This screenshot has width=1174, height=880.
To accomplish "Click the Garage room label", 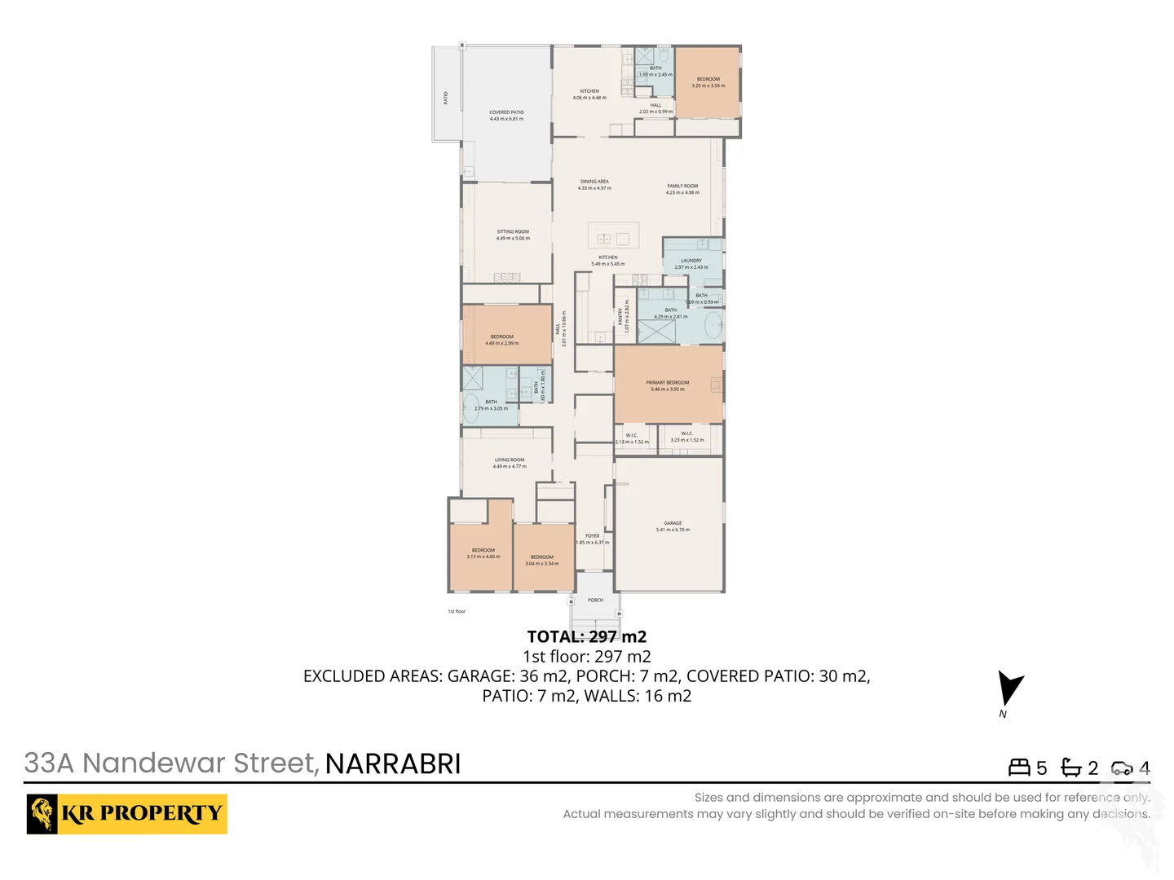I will [x=673, y=524].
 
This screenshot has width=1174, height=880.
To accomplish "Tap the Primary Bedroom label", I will [x=668, y=383].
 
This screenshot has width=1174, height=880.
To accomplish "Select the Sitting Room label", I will [x=513, y=232].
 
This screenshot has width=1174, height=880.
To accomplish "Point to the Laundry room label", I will [x=691, y=261].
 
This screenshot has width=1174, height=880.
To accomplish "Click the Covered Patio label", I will [x=506, y=112].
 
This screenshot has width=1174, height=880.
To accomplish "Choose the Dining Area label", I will [x=594, y=182].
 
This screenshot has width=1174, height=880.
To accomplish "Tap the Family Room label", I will [x=682, y=187].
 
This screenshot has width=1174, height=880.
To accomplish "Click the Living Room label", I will [x=510, y=460].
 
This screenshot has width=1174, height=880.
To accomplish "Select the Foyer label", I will [x=593, y=536].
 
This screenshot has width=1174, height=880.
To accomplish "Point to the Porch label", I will [x=596, y=601].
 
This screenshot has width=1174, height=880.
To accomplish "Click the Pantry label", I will [x=620, y=316].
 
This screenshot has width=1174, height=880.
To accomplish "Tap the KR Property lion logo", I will [x=42, y=814].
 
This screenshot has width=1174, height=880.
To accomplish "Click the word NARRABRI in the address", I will [x=393, y=764].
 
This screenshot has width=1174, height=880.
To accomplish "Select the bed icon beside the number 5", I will [x=1019, y=768].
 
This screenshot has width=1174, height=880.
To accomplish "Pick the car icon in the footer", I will [x=1122, y=768].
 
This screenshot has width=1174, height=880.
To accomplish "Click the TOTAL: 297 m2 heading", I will [x=587, y=637].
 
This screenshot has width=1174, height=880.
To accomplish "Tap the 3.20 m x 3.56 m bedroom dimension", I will [x=708, y=86].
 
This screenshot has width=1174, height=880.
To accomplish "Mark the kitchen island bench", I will [x=613, y=237].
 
